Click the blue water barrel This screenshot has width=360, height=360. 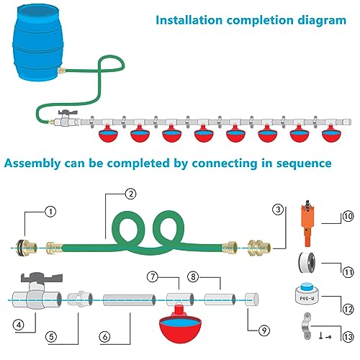pyautogui.click(x=38, y=42)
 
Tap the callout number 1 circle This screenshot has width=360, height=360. pyautogui.click(x=50, y=212)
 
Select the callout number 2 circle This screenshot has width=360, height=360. pyautogui.click(x=131, y=194)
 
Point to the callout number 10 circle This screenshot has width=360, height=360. pyautogui.click(x=348, y=216)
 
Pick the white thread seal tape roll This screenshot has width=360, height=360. pyautogui.click(x=307, y=263)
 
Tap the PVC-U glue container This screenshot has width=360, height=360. pyautogui.click(x=307, y=294)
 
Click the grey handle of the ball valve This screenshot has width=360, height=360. pyautogui.click(x=42, y=277)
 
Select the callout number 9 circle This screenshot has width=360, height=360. pyautogui.click(x=264, y=330)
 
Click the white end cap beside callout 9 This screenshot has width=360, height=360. pyautogui.click(x=252, y=300)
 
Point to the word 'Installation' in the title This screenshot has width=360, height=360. pyautogui.click(x=189, y=20)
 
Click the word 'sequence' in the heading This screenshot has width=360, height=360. pyautogui.click(x=304, y=163)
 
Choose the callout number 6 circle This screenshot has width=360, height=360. pyautogui.click(x=105, y=337)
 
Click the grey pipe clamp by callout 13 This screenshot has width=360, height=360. pyautogui.click(x=306, y=326)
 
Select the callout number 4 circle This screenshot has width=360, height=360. pyautogui.click(x=18, y=325)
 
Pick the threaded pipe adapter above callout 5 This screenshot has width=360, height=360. pyautogui.click(x=80, y=299)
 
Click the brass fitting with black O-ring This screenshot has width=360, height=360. pyautogui.click(x=27, y=248)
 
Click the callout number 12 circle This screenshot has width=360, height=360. pyautogui.click(x=348, y=309)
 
